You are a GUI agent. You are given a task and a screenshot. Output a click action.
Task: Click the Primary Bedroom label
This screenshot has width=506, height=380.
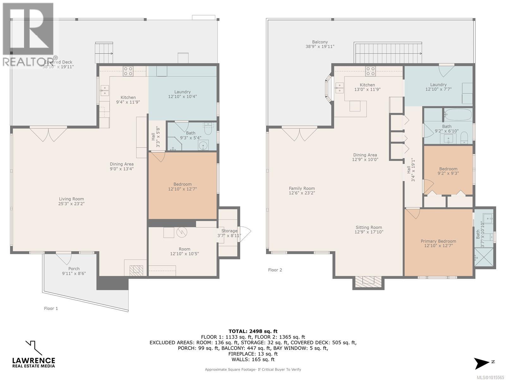(x=438, y=241)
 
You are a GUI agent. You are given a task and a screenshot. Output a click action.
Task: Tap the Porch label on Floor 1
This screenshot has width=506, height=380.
(x=74, y=269)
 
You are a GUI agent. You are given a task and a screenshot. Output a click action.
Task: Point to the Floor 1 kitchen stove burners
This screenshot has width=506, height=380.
(x=128, y=71)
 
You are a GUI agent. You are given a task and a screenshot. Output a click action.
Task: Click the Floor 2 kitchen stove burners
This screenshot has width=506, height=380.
(x=370, y=71)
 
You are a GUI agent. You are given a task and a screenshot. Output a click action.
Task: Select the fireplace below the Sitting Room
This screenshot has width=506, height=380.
(x=368, y=281)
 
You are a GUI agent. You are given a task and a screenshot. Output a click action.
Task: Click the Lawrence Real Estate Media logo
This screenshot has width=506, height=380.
(x=34, y=354)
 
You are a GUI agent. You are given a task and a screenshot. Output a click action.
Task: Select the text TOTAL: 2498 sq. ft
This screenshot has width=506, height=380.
(x=253, y=331)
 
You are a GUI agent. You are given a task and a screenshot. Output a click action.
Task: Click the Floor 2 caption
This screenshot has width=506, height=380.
(x=275, y=270)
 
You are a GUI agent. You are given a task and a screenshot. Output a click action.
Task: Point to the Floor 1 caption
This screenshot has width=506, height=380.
(x=51, y=308)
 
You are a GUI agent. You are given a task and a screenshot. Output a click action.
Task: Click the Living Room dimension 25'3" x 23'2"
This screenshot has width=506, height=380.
(x=71, y=204)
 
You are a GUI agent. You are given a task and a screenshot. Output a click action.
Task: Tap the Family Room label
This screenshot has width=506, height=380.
(x=302, y=188)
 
